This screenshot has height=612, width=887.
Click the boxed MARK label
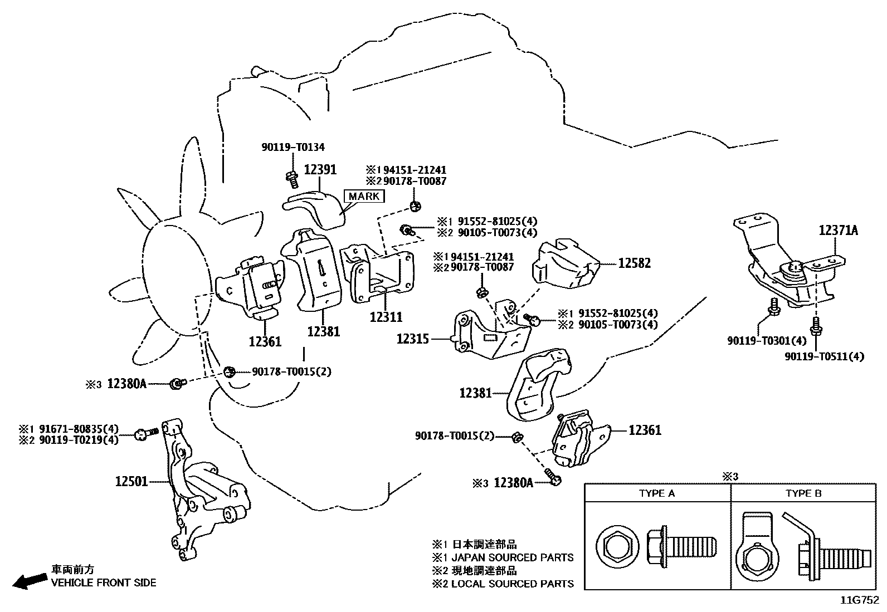pyautogui.click(x=364, y=196)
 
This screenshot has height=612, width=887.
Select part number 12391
pyautogui.click(x=320, y=169)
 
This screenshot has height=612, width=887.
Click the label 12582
pyautogui.click(x=634, y=263)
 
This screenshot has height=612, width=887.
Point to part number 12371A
pyautogui.click(x=838, y=231)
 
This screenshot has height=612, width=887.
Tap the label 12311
pyautogui.click(x=386, y=317)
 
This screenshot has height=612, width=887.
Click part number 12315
pyautogui.click(x=412, y=338)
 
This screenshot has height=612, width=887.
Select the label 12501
pyautogui.click(x=131, y=481)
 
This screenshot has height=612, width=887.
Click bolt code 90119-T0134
pyautogui.click(x=293, y=147)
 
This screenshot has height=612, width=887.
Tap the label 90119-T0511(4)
pyautogui.click(x=825, y=356)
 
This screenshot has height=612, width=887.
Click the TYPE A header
pyautogui.click(x=657, y=493)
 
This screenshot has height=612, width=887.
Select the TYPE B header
pyautogui.click(x=803, y=493)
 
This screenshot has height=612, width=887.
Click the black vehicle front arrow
pyautogui.click(x=29, y=581)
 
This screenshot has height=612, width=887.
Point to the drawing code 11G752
pyautogui.click(x=860, y=600)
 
